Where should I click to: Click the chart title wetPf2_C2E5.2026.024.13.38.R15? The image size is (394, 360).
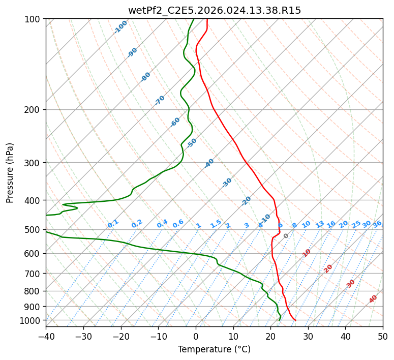click(x=214, y=10)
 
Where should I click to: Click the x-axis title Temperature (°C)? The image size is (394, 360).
click(x=214, y=349)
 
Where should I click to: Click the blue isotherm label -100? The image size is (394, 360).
click(x=120, y=27)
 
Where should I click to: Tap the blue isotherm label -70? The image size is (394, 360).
click(x=160, y=100)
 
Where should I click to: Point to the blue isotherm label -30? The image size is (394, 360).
click(x=227, y=183)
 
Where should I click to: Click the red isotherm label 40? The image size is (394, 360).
click(x=373, y=299)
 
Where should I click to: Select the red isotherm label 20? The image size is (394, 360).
click(x=328, y=268)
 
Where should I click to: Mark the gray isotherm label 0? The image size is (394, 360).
click(x=286, y=236)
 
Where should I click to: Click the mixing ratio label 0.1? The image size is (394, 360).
click(x=113, y=224)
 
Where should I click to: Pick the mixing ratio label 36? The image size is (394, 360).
click(x=377, y=224)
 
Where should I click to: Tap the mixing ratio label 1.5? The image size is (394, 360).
click(x=216, y=224)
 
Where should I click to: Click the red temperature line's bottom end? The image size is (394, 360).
click(x=296, y=320)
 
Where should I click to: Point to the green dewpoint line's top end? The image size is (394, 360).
click(x=194, y=19)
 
